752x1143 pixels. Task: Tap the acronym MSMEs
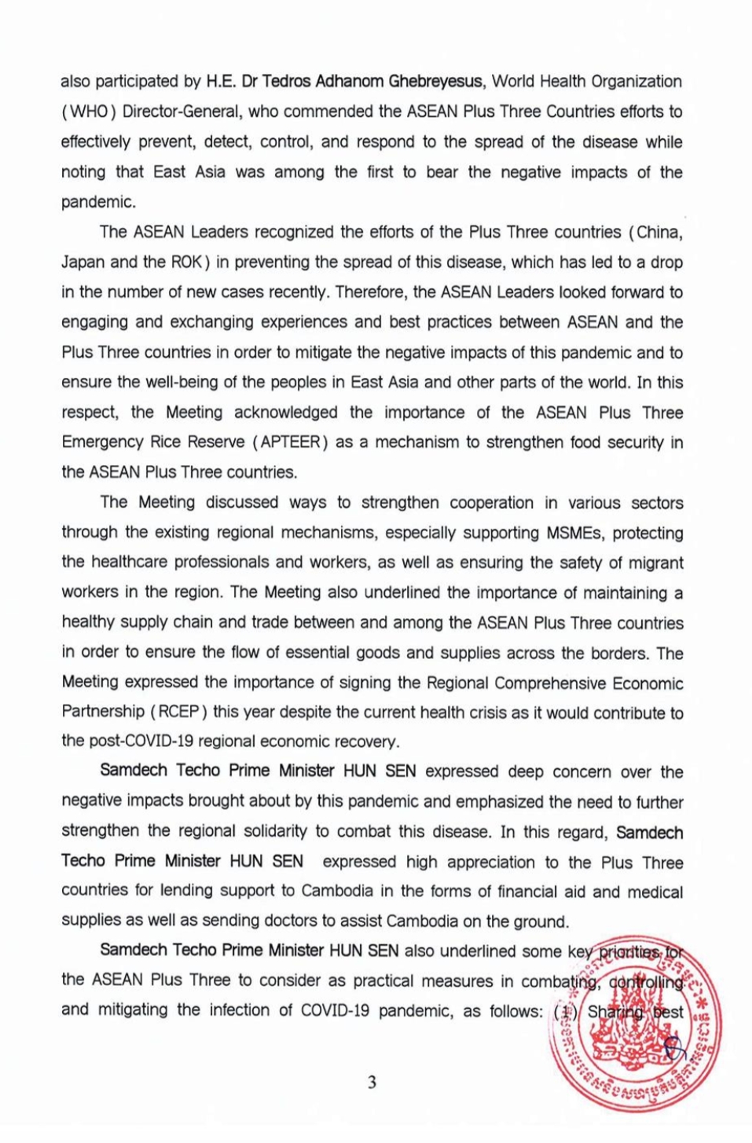click(x=575, y=533)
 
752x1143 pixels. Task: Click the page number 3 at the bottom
click(x=372, y=1083)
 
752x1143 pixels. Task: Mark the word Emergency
click(x=101, y=442)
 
